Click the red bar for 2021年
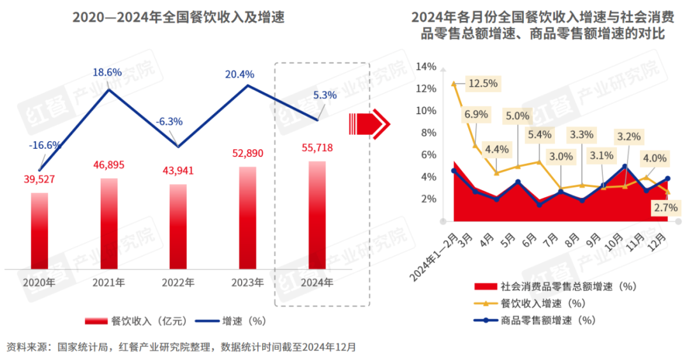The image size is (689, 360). coord(109,223)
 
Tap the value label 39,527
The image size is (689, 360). coord(40,179)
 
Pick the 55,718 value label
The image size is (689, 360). coord(317,148)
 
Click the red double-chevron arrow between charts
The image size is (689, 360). coord(367,121)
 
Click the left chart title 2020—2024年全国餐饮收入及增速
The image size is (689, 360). coord(178,18)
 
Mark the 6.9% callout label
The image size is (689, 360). coord(476,115)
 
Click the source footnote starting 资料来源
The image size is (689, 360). coord(181,347)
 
